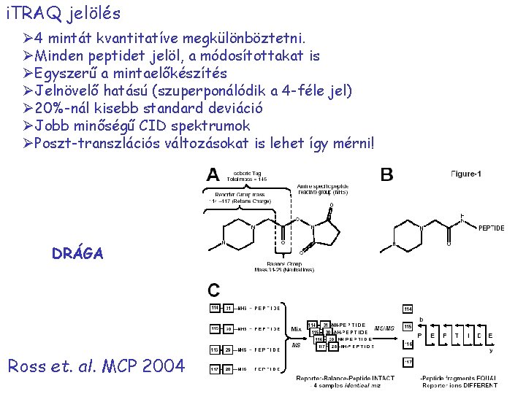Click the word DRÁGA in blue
77,254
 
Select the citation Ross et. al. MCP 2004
96,366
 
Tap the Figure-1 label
466,174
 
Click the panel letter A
213,175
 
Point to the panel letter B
386,175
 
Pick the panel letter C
213,290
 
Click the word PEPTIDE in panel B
491,228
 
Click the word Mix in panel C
295,329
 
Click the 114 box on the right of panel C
408,309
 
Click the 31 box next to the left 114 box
229,309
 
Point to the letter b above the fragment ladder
420,319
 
